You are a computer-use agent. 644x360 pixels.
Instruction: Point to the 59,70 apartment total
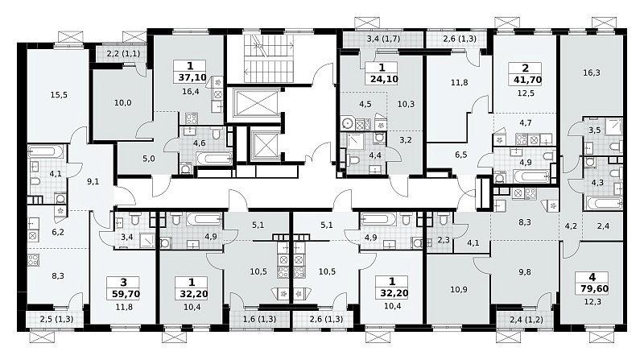point(126,294)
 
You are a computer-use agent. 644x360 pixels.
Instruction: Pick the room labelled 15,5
point(59,95)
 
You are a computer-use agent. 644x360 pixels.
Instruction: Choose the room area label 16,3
point(592,72)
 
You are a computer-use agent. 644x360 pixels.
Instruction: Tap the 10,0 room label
point(123,103)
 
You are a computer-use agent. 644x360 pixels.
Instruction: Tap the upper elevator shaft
point(256,103)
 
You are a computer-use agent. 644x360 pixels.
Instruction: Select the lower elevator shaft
point(265,146)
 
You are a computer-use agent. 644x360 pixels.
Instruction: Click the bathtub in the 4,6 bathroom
point(214,158)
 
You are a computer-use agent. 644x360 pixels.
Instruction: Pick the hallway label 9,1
point(93,181)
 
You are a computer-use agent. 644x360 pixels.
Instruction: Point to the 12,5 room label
point(526,93)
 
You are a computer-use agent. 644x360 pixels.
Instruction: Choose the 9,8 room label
point(525,271)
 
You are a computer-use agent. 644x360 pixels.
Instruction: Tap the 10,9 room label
point(458,289)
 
